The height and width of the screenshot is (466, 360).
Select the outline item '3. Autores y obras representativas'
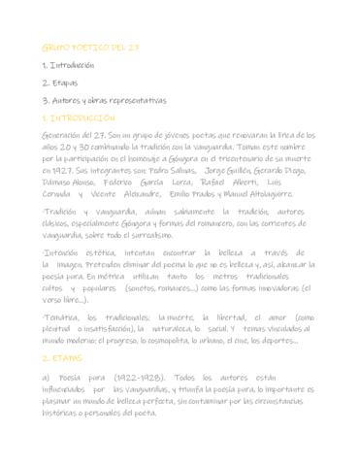tap(104, 100)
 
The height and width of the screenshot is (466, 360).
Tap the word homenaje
tap(165, 156)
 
